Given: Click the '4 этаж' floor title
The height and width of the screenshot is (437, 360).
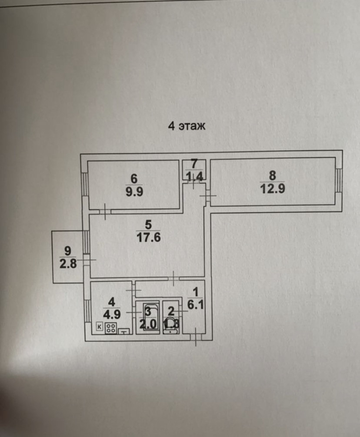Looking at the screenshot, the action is [x=186, y=126].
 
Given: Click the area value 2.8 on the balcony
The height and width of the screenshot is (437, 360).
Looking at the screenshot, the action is [x=67, y=264].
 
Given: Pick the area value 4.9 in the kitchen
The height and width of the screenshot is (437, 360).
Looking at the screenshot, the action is [x=111, y=313].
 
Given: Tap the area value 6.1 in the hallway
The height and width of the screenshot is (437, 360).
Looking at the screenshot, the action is [x=195, y=305].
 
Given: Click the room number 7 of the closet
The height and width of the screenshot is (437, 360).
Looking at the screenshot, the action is [x=194, y=164].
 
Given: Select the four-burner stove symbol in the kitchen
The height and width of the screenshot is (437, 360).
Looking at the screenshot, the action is [x=110, y=328].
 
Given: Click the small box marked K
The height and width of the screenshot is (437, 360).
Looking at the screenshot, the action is [x=99, y=326].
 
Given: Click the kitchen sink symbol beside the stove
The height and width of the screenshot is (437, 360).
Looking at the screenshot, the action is [x=125, y=331].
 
